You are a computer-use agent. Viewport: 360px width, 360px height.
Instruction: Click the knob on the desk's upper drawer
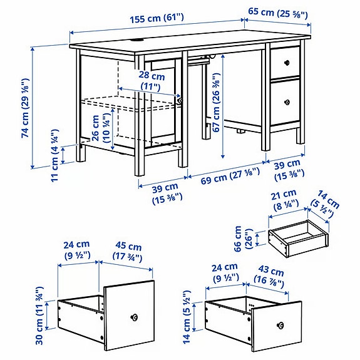287,61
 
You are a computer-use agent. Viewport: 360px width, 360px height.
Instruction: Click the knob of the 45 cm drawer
133,317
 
